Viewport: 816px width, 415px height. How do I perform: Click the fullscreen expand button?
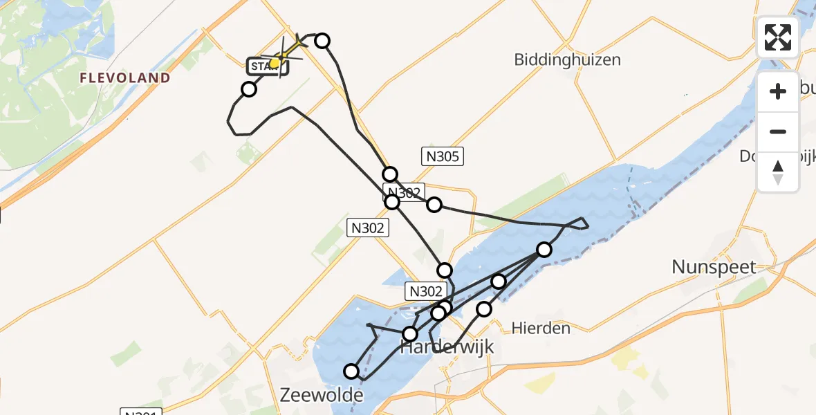777,37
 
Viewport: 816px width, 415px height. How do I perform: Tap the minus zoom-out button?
778,131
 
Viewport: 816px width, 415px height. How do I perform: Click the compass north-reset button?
778,172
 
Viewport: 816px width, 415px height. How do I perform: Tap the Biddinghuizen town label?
567,59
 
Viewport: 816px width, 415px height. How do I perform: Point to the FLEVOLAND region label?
124,77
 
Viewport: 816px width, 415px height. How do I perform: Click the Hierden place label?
541,328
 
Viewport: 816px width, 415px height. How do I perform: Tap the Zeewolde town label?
322,395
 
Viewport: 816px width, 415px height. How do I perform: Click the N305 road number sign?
443,156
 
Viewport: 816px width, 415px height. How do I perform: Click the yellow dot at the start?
275,63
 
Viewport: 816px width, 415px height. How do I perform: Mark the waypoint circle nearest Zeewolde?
351,371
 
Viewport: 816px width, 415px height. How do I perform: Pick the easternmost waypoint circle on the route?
544,250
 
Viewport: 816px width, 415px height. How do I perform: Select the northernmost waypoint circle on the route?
322,41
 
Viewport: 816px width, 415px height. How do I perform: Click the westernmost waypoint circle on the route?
248,89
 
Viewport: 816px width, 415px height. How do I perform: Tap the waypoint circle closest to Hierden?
484,308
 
